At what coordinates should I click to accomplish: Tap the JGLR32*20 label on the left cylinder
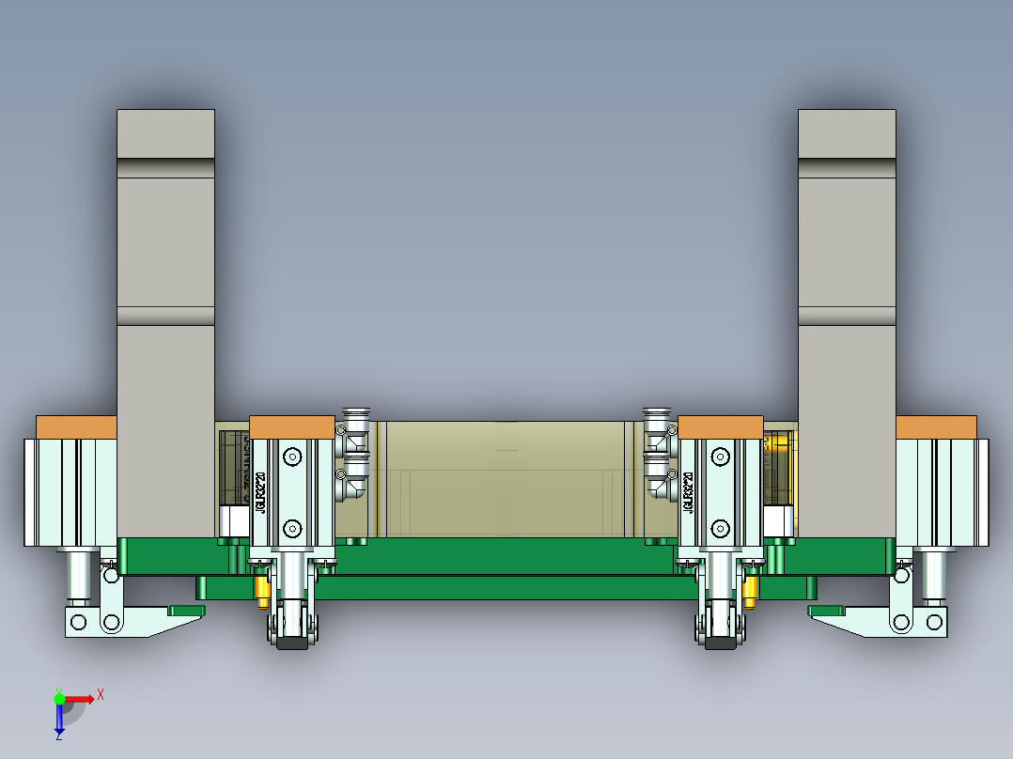coord(260,488)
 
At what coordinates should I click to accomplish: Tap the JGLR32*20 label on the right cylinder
coord(690,488)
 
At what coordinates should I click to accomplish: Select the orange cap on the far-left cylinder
coord(76,426)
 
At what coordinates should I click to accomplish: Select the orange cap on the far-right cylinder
coord(936,426)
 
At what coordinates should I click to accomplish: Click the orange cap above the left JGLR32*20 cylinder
coord(292,426)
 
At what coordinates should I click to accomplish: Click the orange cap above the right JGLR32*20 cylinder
coord(720,426)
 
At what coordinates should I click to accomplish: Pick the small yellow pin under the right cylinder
coord(750,590)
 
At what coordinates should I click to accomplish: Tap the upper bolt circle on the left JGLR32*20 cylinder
coord(292,457)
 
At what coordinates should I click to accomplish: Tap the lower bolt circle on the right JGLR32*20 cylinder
coord(721,527)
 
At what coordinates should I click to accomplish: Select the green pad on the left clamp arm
coord(186,611)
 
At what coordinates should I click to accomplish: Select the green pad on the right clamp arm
coord(826,611)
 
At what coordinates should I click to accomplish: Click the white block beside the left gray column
coord(231,521)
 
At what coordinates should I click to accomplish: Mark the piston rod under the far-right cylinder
coord(934,575)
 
